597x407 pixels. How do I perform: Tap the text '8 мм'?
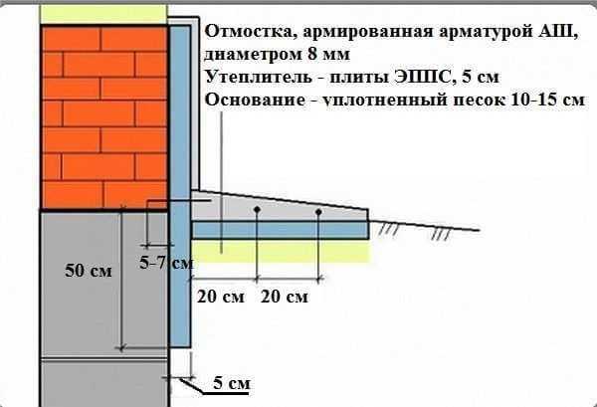[328, 54]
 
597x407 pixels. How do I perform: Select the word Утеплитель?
[258, 77]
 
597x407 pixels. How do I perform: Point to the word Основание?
[255, 100]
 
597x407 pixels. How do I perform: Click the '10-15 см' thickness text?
[547, 100]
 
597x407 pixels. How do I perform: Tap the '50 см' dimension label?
[89, 271]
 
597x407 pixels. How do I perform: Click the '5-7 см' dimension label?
[166, 263]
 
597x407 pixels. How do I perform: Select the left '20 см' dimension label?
[221, 297]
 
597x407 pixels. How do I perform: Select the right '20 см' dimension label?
[285, 297]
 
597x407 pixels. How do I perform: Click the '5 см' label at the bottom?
[232, 382]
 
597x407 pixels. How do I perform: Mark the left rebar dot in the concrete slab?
[257, 209]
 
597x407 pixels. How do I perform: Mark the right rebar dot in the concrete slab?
[319, 212]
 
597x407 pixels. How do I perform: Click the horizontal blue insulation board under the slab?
[281, 230]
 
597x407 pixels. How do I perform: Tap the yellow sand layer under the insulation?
[281, 252]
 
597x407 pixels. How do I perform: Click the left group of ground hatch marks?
[388, 229]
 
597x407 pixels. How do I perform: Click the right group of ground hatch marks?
[441, 233]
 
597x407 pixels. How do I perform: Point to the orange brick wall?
[104, 117]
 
